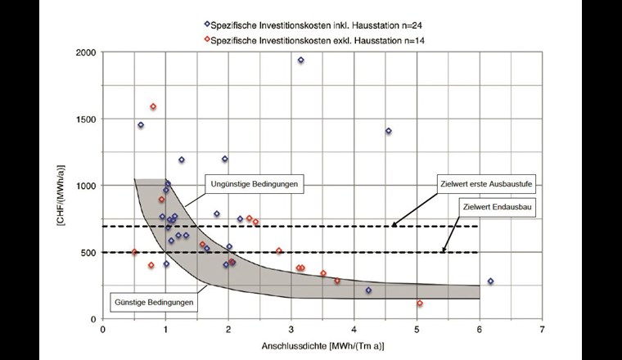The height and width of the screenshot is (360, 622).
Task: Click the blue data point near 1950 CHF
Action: [x=300, y=61]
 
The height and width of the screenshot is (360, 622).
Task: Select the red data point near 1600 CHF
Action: [x=153, y=107]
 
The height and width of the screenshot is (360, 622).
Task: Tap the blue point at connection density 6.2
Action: [x=490, y=281]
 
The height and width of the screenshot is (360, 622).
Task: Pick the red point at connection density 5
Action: [x=419, y=304]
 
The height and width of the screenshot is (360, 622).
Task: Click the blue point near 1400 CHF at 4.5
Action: [x=388, y=131]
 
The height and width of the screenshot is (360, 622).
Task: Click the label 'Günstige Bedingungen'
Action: [x=154, y=302]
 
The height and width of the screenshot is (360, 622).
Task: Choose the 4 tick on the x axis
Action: [x=354, y=330]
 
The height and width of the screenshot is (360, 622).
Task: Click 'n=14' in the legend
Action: [x=412, y=38]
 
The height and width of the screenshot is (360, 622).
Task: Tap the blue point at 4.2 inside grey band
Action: [x=368, y=290]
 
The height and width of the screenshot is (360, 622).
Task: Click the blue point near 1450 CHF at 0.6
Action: [x=141, y=125]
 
